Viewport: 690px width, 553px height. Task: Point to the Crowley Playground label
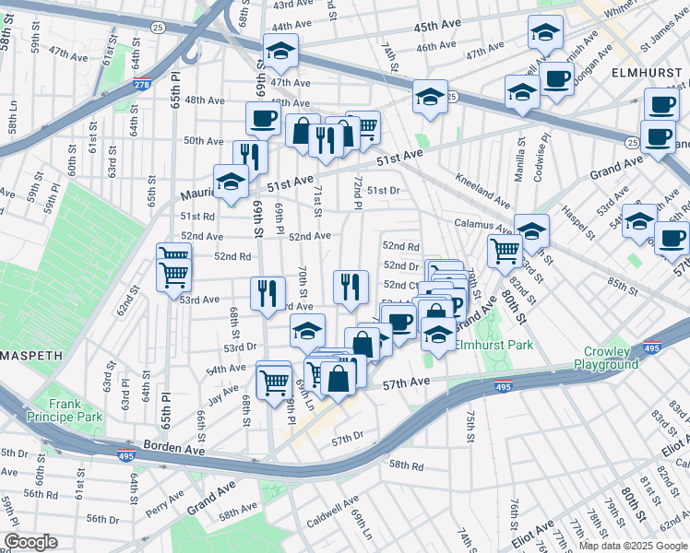pos(611,358)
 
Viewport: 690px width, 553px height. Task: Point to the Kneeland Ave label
pos(480,190)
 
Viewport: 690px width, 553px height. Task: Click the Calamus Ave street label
pos(482,224)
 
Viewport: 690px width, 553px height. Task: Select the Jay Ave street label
pos(223,394)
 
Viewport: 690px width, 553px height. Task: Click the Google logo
pos(31,542)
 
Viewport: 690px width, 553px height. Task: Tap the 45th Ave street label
pos(437,24)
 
